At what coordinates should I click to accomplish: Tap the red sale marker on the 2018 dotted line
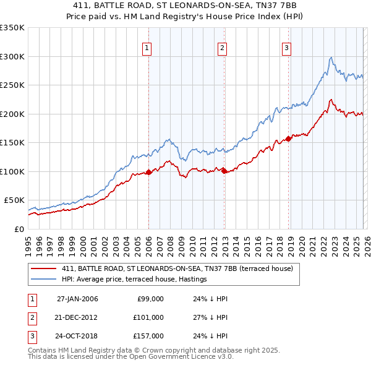288,139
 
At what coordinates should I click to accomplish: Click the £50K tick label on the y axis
14,200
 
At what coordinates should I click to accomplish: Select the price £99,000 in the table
150,299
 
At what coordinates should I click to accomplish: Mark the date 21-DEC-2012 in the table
77,317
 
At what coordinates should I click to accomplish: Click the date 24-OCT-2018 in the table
77,336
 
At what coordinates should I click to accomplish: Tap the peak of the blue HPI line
331,58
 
